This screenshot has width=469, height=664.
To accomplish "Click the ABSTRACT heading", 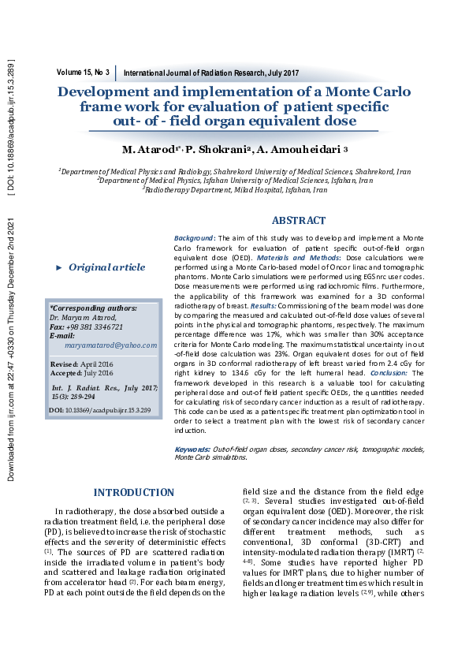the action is click(298, 221).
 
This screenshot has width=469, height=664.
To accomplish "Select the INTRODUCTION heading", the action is click(133, 493).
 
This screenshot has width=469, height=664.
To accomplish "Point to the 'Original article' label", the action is click(106, 267).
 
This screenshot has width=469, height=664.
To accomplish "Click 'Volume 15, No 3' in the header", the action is click(83, 72).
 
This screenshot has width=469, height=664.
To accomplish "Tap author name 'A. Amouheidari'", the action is click(299, 150).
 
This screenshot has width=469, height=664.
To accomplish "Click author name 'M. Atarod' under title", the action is click(151, 150).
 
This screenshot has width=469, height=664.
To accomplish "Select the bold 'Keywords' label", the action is click(193, 450).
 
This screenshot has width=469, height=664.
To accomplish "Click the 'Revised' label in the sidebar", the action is click(64, 365).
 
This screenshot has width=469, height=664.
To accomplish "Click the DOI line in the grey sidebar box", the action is click(99, 411).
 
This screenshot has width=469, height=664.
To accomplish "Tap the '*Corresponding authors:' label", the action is click(93, 308).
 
